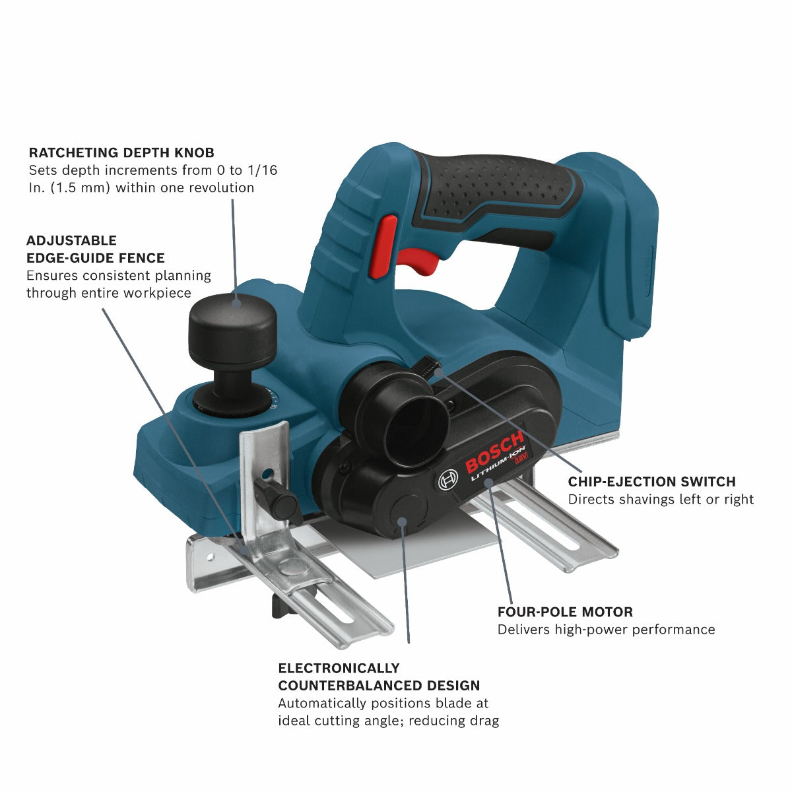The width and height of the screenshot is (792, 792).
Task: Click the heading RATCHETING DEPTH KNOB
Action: pyautogui.click(x=121, y=152)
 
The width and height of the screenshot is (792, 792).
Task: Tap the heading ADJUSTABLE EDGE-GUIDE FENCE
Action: pyautogui.click(x=95, y=249)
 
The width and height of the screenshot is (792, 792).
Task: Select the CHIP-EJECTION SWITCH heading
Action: pyautogui.click(x=651, y=482)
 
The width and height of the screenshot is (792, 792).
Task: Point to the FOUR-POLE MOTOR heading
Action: pyautogui.click(x=565, y=612)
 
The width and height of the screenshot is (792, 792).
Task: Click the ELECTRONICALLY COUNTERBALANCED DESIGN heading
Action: pyautogui.click(x=378, y=676)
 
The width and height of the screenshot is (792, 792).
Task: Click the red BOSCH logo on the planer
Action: pyautogui.click(x=494, y=452)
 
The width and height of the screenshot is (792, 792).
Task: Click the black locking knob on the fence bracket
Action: pyautogui.click(x=276, y=500)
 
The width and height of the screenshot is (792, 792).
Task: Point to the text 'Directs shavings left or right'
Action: pyautogui.click(x=661, y=500)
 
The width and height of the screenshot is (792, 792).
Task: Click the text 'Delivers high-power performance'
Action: pyautogui.click(x=606, y=630)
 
